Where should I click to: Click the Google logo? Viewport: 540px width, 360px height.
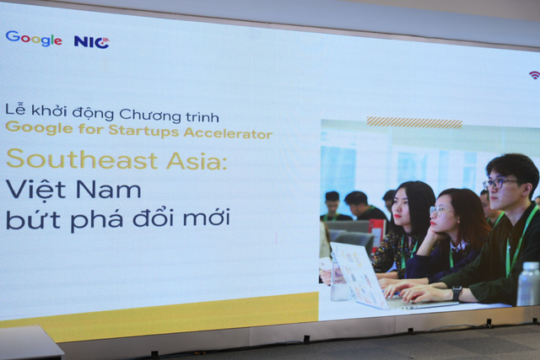pyautogui.click(x=33, y=39)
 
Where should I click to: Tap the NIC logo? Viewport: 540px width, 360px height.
pyautogui.click(x=91, y=41)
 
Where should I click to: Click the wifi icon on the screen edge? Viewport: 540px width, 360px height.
pyautogui.click(x=534, y=75)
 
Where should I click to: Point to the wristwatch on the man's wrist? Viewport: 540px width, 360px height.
pyautogui.click(x=456, y=292)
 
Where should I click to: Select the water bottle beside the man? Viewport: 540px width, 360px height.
pyautogui.click(x=527, y=283)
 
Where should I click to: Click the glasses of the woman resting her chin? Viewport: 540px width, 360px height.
pyautogui.click(x=441, y=210)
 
